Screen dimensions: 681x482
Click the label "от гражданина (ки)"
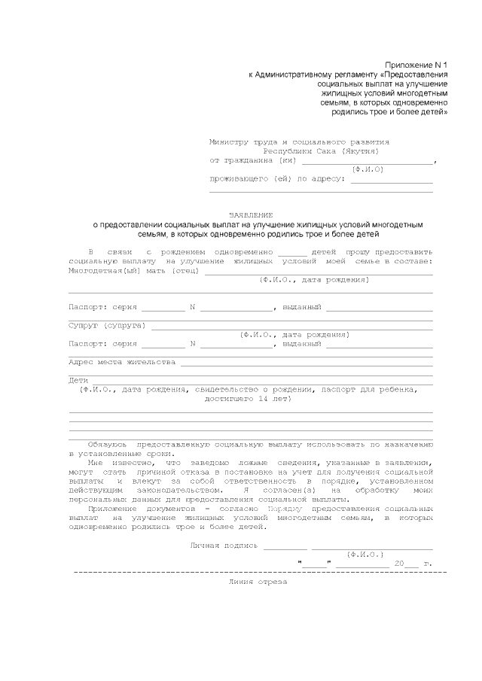pos(253,160)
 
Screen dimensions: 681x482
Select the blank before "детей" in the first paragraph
pos(292,251)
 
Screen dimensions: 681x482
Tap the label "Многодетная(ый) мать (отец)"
pos(124,270)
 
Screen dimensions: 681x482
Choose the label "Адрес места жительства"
pos(122,362)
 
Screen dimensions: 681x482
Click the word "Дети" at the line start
pos(78,380)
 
